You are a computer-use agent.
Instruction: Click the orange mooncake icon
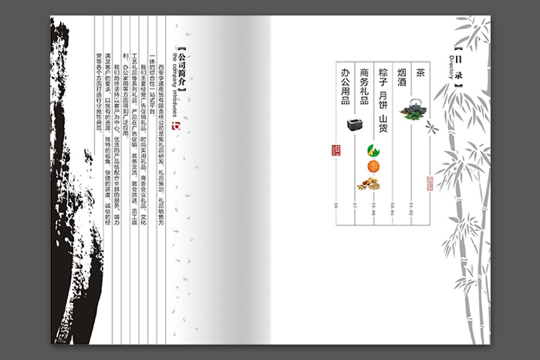click(x=373, y=167)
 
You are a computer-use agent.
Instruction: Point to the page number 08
click(x=336, y=206)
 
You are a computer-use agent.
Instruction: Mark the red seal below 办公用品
click(x=335, y=150)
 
